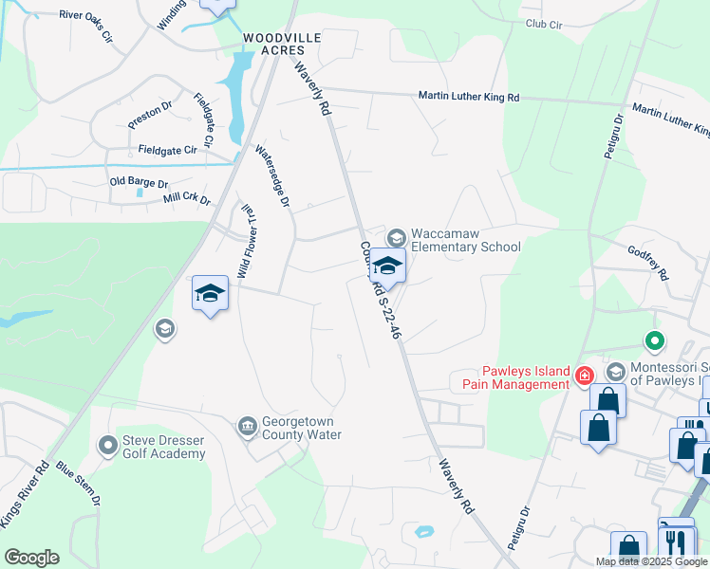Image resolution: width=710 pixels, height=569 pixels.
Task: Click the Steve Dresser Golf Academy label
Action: click(163, 447)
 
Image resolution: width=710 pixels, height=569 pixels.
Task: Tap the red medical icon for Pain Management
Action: click(585, 377)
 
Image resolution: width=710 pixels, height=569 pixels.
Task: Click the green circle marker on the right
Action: click(653, 340)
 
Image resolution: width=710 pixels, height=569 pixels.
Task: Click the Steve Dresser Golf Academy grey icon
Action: click(107, 443)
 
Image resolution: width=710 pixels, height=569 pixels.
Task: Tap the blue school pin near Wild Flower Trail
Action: click(211, 294)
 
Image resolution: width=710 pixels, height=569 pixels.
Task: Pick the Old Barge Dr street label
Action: click(139, 182)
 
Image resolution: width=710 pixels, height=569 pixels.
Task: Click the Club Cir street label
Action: click(544, 25)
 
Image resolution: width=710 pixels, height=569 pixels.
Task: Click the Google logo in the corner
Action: click(31, 558)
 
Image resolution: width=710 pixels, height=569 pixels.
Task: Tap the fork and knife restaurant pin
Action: click(676, 541)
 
